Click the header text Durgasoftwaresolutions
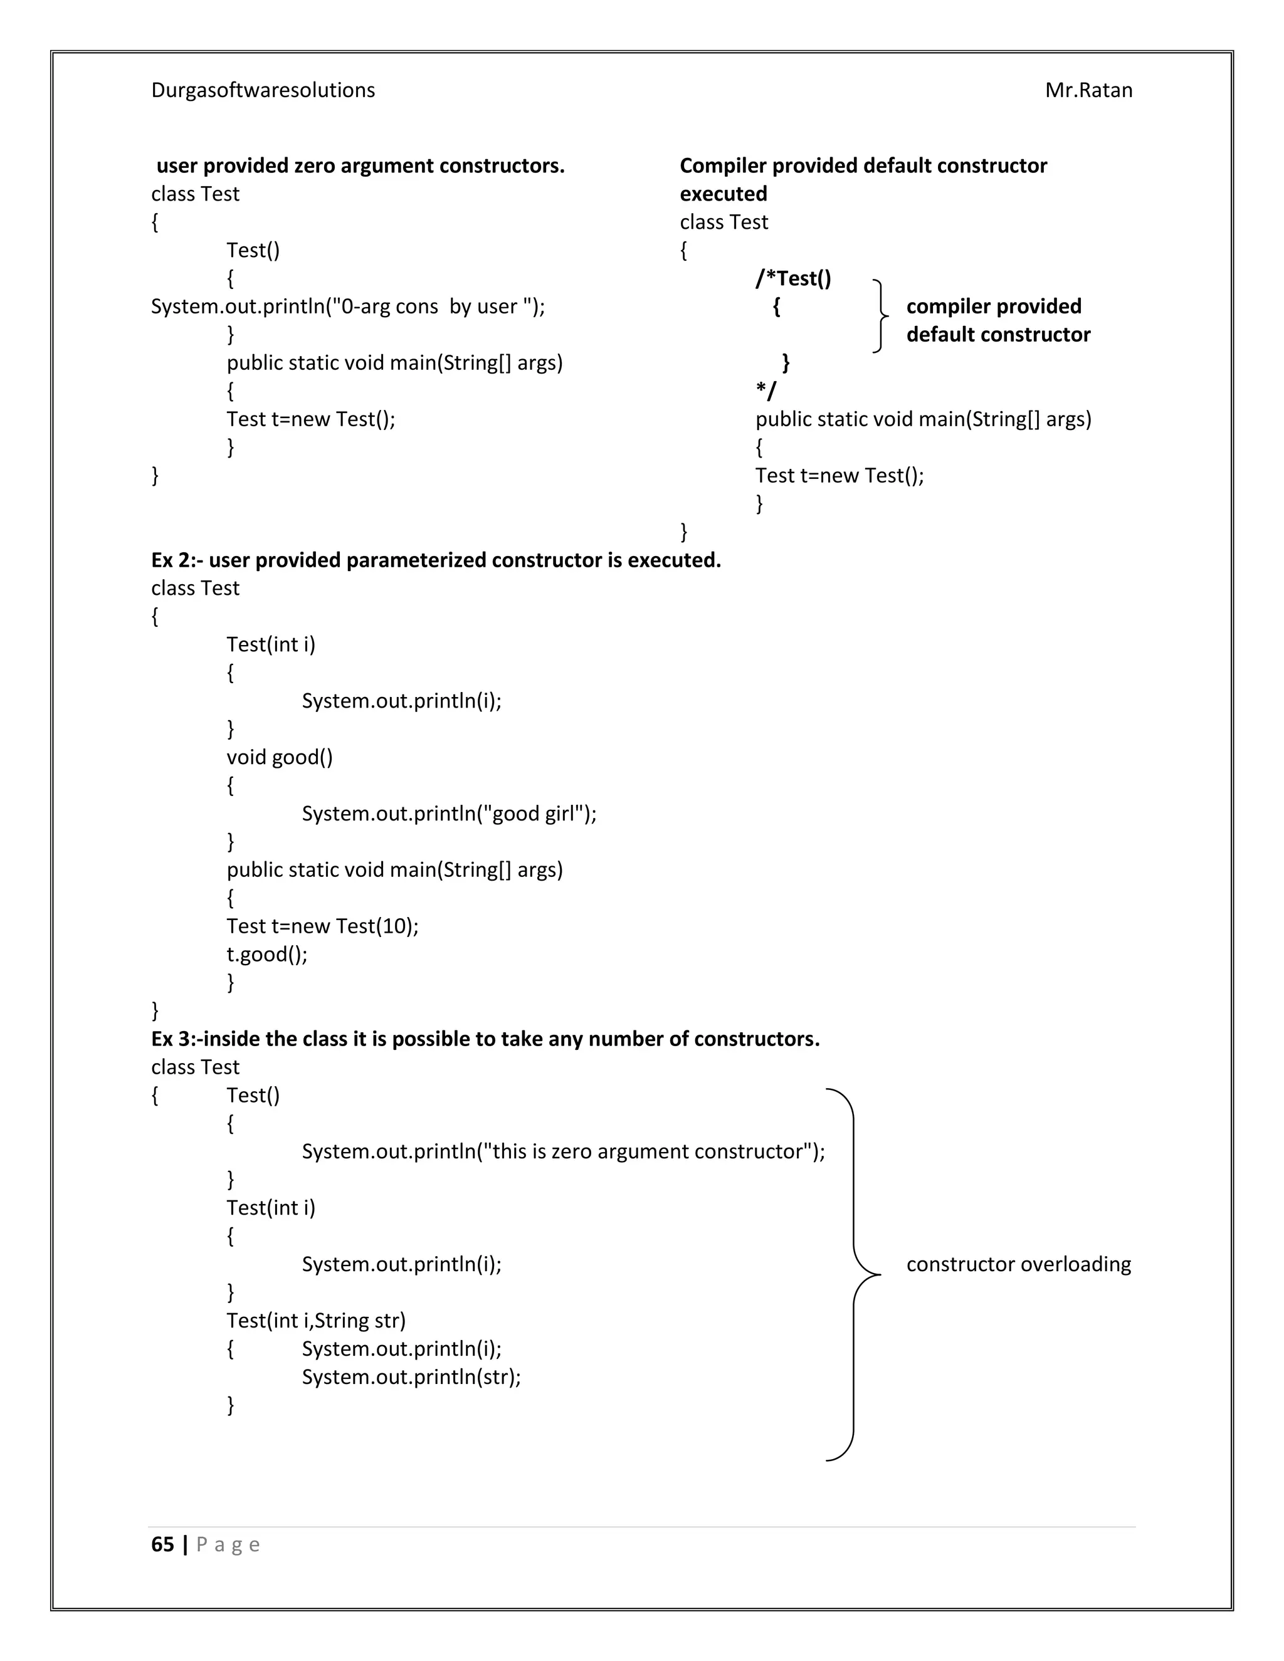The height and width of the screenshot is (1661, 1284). [263, 90]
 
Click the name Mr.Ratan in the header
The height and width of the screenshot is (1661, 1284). [1088, 90]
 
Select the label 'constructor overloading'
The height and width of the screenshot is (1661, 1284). [1018, 1265]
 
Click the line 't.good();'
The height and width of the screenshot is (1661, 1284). [267, 955]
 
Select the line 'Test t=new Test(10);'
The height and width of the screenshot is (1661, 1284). [322, 926]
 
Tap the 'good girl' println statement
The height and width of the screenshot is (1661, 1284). [449, 814]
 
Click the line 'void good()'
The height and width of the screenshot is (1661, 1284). [279, 758]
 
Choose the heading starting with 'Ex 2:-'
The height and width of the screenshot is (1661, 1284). [436, 560]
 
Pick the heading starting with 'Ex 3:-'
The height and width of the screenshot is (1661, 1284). [485, 1039]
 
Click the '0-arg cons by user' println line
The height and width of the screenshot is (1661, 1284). [347, 307]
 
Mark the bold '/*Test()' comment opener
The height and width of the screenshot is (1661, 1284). [792, 278]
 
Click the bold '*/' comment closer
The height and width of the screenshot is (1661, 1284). [766, 391]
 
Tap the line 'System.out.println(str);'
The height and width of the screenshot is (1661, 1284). [411, 1377]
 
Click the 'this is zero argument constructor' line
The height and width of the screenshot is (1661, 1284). [563, 1151]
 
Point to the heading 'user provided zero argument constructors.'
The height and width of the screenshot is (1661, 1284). [360, 166]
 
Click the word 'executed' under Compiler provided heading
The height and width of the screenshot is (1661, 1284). [723, 194]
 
